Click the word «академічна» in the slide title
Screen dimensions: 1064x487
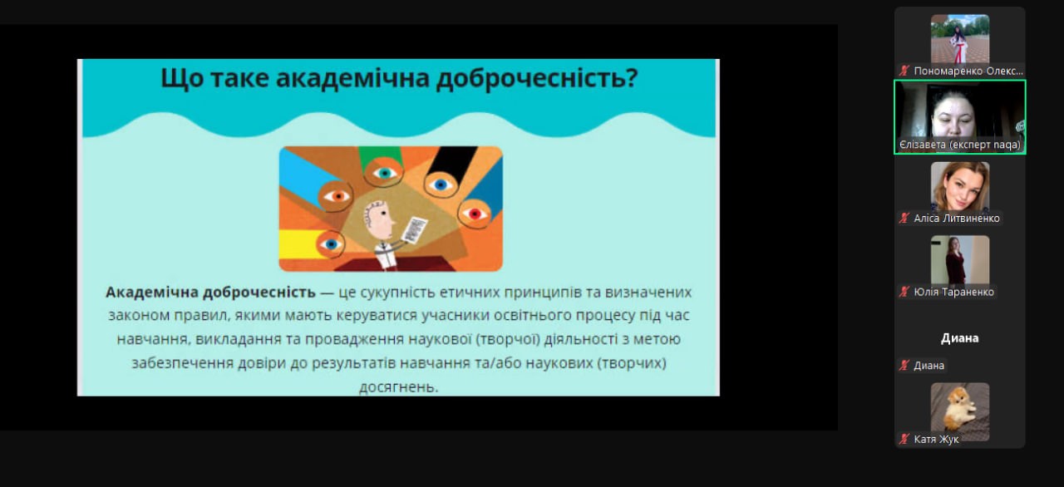tap(353, 78)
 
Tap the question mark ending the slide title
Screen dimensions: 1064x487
tap(632, 77)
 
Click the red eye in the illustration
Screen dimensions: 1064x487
tap(474, 214)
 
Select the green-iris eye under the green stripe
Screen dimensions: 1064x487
tap(384, 173)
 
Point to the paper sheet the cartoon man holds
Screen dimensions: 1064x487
tap(414, 229)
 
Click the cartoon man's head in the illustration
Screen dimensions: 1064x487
tap(378, 220)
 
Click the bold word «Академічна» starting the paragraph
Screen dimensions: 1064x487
tap(151, 292)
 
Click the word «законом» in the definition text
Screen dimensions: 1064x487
tap(139, 316)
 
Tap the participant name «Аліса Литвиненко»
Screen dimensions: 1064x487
tap(957, 219)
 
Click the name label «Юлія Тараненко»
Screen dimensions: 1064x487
tap(953, 292)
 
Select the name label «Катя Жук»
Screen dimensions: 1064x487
tap(936, 440)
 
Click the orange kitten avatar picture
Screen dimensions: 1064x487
tap(960, 411)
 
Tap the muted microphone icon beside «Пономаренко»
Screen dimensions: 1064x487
tap(904, 71)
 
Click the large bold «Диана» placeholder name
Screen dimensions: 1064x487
tap(959, 338)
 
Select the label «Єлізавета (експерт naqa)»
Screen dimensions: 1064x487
tap(959, 145)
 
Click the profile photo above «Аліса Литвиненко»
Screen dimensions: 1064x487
tap(960, 186)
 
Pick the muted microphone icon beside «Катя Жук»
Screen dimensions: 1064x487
tap(904, 439)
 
